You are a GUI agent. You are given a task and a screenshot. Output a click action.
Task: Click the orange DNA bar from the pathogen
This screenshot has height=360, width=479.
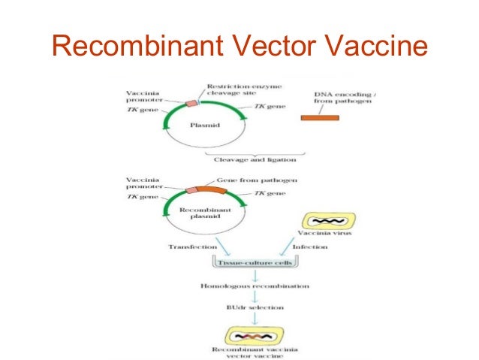(x=319, y=118)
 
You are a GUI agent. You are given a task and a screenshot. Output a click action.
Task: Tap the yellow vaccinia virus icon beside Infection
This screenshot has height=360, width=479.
(x=328, y=221)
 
